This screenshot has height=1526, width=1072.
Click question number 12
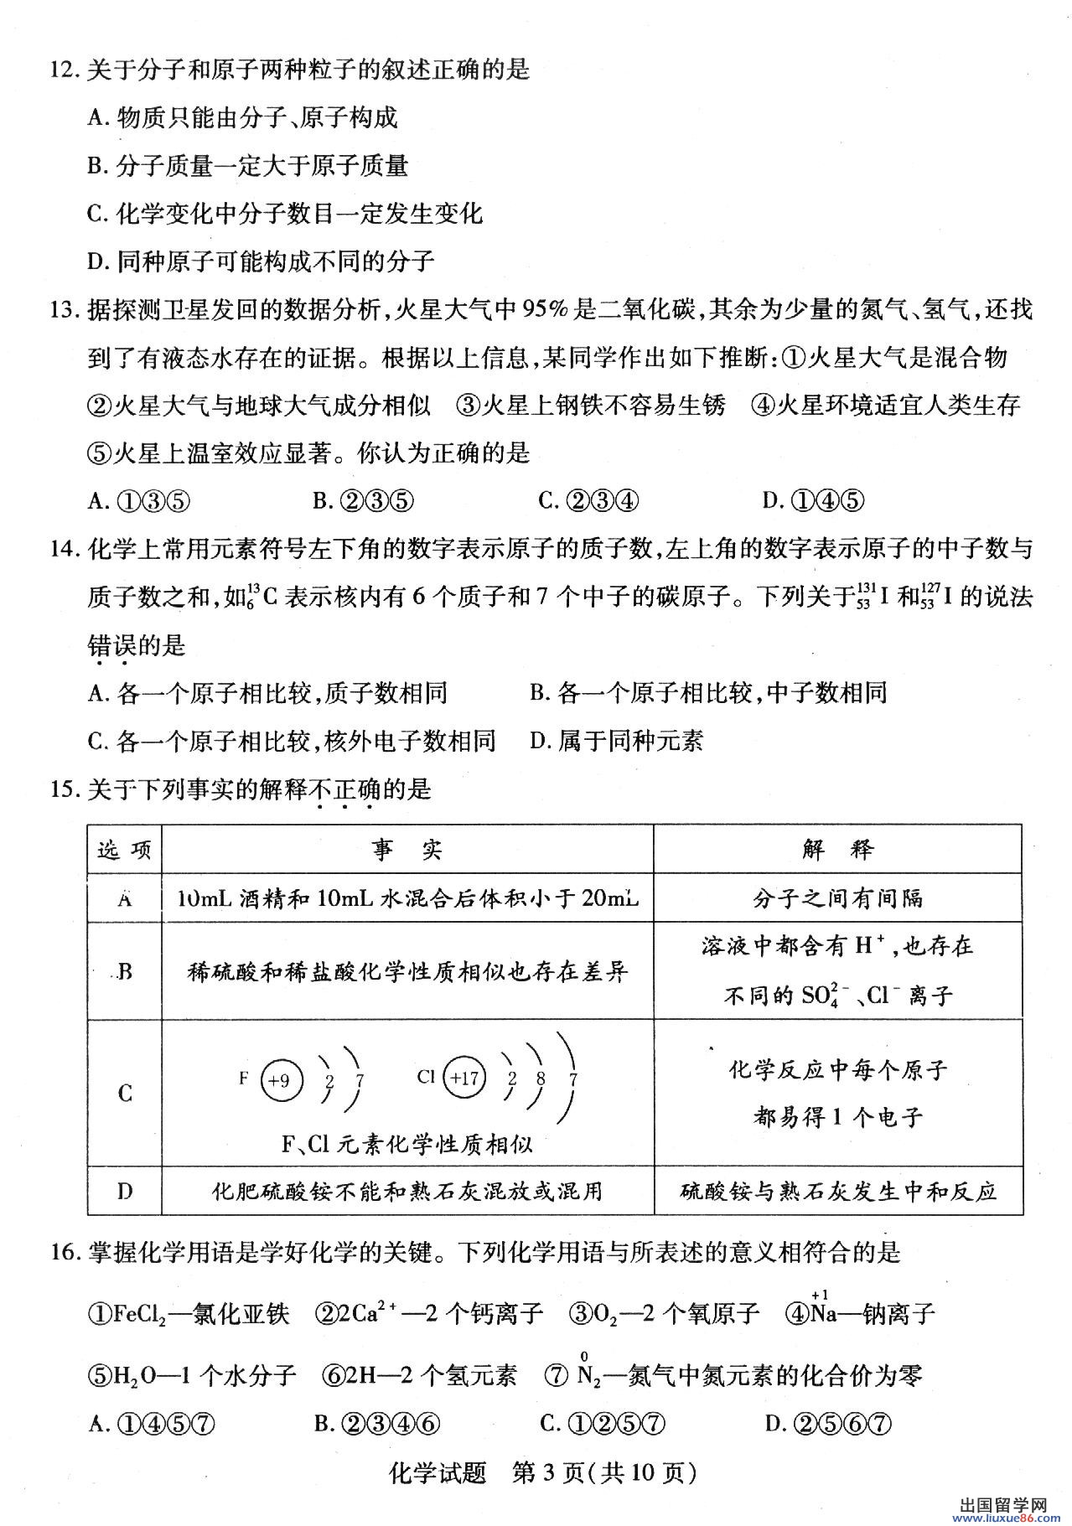tap(65, 70)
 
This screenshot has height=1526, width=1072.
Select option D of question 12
tap(261, 261)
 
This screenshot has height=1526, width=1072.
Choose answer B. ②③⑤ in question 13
tap(363, 501)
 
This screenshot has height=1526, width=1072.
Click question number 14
tap(65, 550)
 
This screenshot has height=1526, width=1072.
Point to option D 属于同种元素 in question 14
tap(617, 741)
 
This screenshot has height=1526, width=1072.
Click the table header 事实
tap(407, 850)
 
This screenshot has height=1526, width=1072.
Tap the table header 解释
tap(837, 850)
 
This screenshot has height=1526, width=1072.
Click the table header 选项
tap(125, 850)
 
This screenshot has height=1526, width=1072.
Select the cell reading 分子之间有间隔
tap(837, 898)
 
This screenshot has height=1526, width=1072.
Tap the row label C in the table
tap(125, 1093)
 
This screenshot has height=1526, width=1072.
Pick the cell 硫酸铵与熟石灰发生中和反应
tap(837, 1191)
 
